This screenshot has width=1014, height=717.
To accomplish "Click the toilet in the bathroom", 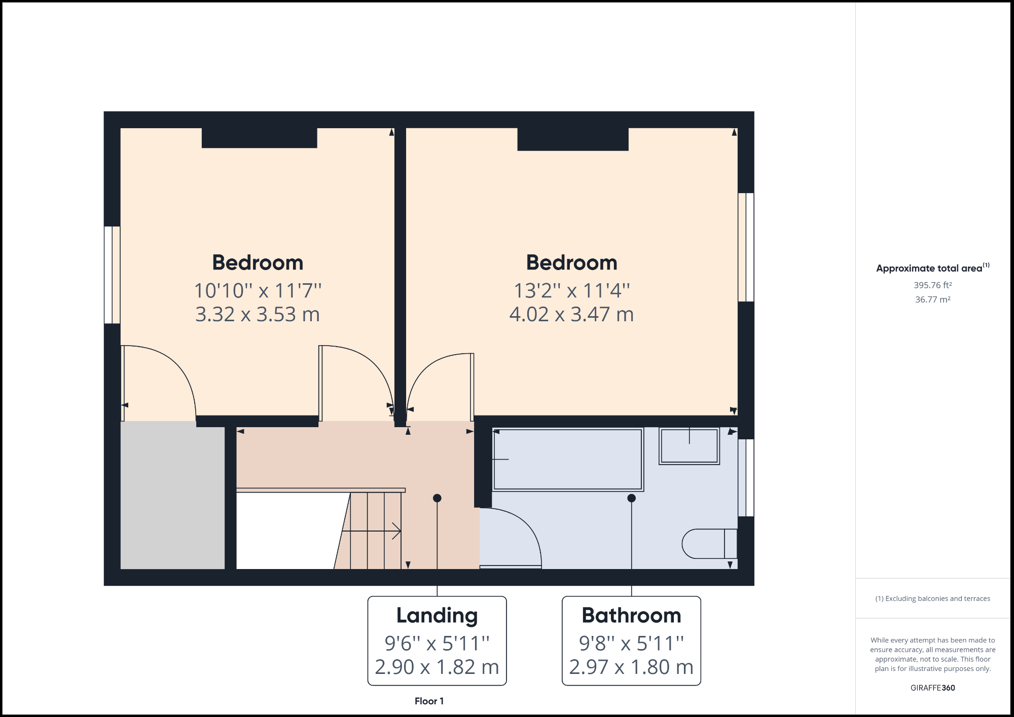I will point(709,544).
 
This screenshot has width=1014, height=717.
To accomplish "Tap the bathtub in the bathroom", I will point(568,460).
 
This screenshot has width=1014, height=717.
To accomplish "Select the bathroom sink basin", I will point(689,446).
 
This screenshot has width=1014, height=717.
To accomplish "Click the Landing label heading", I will point(437,616).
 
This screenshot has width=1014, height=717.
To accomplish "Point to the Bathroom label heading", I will point(631,616).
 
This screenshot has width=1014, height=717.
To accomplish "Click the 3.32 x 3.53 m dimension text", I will point(258,315).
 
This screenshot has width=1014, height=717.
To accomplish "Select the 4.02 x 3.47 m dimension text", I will point(571,315).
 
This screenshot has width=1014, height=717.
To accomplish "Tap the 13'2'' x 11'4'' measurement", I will point(571,291).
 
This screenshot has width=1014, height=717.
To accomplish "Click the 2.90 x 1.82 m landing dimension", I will point(437,667).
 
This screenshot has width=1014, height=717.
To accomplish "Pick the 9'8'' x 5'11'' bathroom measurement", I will point(631,644).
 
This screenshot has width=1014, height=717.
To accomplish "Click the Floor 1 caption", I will point(429,701).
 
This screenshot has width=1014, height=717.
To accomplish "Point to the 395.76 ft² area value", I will point(932,285).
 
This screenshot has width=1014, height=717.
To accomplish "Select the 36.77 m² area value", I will point(932,299).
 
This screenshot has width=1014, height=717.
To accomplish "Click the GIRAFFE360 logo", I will point(932,688).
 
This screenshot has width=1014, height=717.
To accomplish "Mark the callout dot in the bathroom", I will point(631,498).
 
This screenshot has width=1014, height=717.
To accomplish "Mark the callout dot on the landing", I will point(437,498).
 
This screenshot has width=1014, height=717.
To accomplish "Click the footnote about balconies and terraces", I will point(932,598).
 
